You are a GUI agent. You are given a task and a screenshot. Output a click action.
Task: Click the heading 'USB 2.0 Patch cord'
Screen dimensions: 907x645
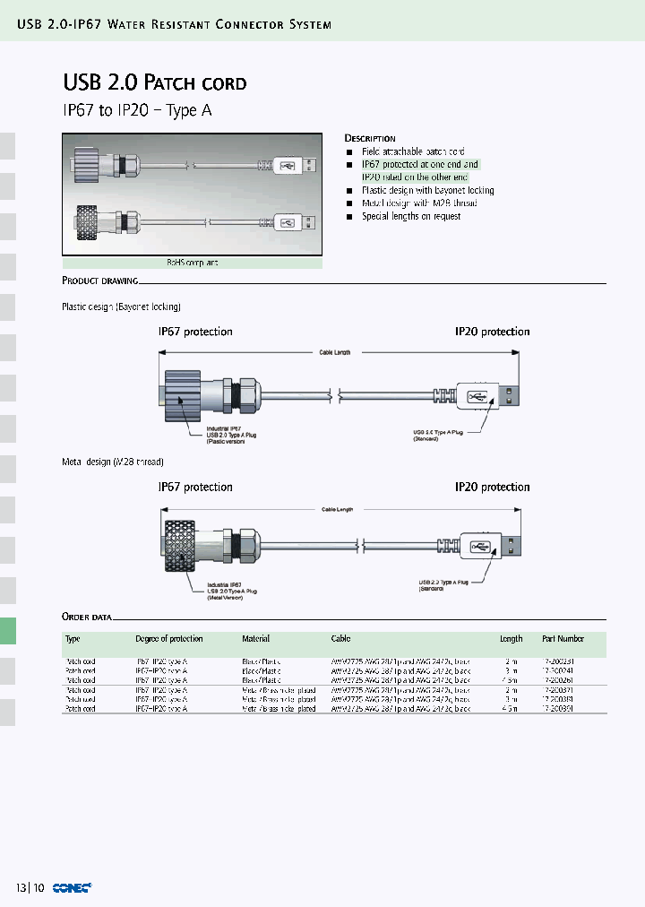(154, 83)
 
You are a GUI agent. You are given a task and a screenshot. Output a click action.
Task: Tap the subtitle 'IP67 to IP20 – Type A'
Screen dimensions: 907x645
(137, 111)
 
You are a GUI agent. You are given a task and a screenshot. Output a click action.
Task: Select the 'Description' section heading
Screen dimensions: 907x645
(370, 138)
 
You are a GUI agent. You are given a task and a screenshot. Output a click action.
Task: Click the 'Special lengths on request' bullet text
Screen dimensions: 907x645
(411, 216)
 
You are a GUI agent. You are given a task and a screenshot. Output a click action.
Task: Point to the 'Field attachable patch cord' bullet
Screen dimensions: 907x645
(413, 152)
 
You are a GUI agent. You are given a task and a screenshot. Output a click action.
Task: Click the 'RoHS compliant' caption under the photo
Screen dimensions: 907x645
(192, 263)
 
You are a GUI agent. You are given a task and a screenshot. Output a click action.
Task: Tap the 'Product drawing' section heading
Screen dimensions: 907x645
(99, 281)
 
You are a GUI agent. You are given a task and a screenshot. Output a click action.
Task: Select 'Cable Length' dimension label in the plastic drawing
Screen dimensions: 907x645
(335, 353)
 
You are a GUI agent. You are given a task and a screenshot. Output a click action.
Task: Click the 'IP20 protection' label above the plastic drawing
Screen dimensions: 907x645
(492, 332)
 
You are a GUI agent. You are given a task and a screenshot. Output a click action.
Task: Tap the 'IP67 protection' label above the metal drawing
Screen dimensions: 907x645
(195, 487)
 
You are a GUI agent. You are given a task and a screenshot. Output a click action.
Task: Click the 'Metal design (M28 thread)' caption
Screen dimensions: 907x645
(112, 462)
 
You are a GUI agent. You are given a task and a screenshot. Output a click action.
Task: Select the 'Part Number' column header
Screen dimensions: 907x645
(563, 639)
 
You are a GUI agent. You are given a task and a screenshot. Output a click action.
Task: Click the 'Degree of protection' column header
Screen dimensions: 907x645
(168, 639)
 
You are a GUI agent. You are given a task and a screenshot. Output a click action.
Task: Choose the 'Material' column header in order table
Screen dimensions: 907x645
(255, 639)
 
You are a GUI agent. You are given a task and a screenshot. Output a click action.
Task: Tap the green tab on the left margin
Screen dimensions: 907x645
(7, 631)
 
